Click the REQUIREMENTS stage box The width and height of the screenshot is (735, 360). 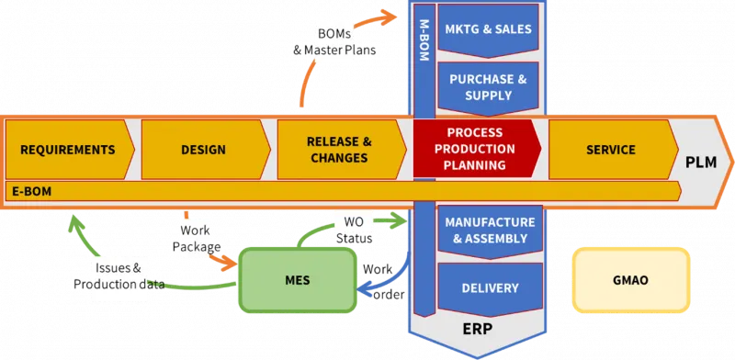click(68, 150)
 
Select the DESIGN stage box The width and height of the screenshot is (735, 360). click(203, 150)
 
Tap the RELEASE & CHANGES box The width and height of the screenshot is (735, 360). click(338, 150)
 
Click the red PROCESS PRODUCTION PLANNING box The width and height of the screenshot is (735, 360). click(475, 150)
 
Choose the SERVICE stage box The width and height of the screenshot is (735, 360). click(610, 150)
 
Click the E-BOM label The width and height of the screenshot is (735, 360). click(30, 190)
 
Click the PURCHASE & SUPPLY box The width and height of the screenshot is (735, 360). click(488, 87)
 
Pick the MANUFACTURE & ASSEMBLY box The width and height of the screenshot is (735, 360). click(488, 231)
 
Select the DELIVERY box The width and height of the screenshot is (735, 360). click(490, 288)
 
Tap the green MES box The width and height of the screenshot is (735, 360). click(297, 280)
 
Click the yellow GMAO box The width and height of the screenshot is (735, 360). click(630, 279)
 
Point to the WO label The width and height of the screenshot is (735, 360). click(354, 221)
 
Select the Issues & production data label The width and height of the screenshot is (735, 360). click(119, 276)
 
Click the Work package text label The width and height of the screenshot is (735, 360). click(196, 239)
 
